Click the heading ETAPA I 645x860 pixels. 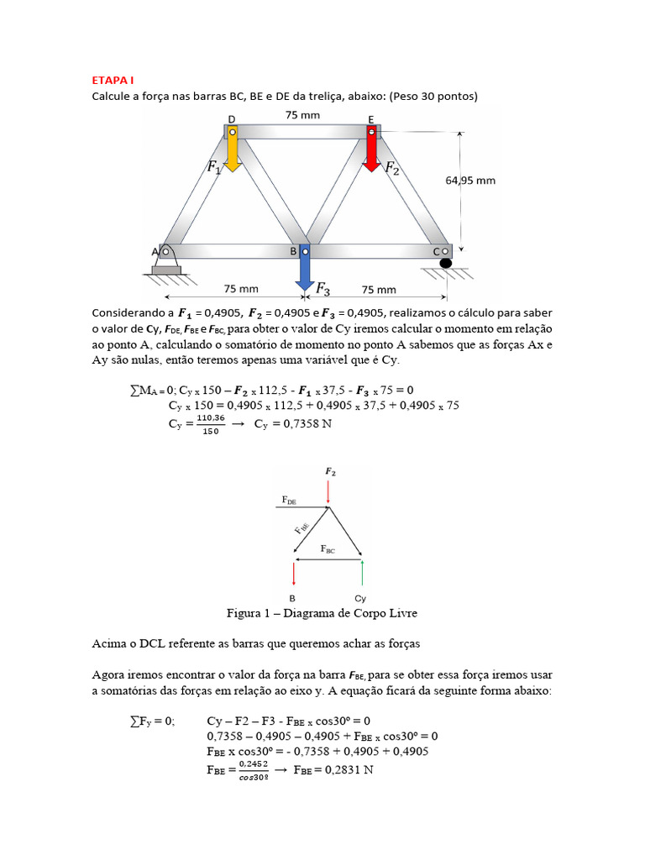click(113, 81)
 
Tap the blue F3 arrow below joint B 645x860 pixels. click(305, 273)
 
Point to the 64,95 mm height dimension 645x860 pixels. click(470, 180)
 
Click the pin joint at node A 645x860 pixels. click(165, 251)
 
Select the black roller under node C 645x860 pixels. click(445, 264)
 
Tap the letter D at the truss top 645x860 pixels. click(232, 118)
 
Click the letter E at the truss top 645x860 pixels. click(371, 118)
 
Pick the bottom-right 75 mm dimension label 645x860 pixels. click(378, 289)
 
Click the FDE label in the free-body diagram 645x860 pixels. click(287, 501)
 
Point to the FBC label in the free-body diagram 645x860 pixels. click(328, 548)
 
